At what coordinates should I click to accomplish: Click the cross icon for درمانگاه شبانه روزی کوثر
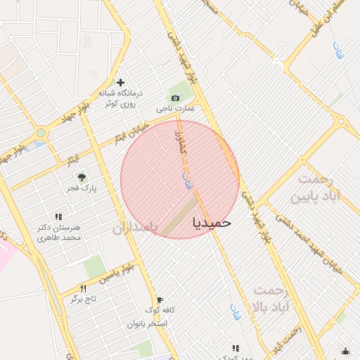(x=120, y=82)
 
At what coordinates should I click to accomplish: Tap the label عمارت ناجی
(x=172, y=110)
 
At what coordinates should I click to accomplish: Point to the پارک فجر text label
(x=81, y=188)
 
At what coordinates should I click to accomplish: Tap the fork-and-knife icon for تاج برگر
(x=83, y=288)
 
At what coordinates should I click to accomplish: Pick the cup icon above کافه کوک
(x=160, y=299)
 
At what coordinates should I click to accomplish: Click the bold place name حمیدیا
(x=211, y=222)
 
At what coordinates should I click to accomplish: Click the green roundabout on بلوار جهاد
(x=41, y=132)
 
